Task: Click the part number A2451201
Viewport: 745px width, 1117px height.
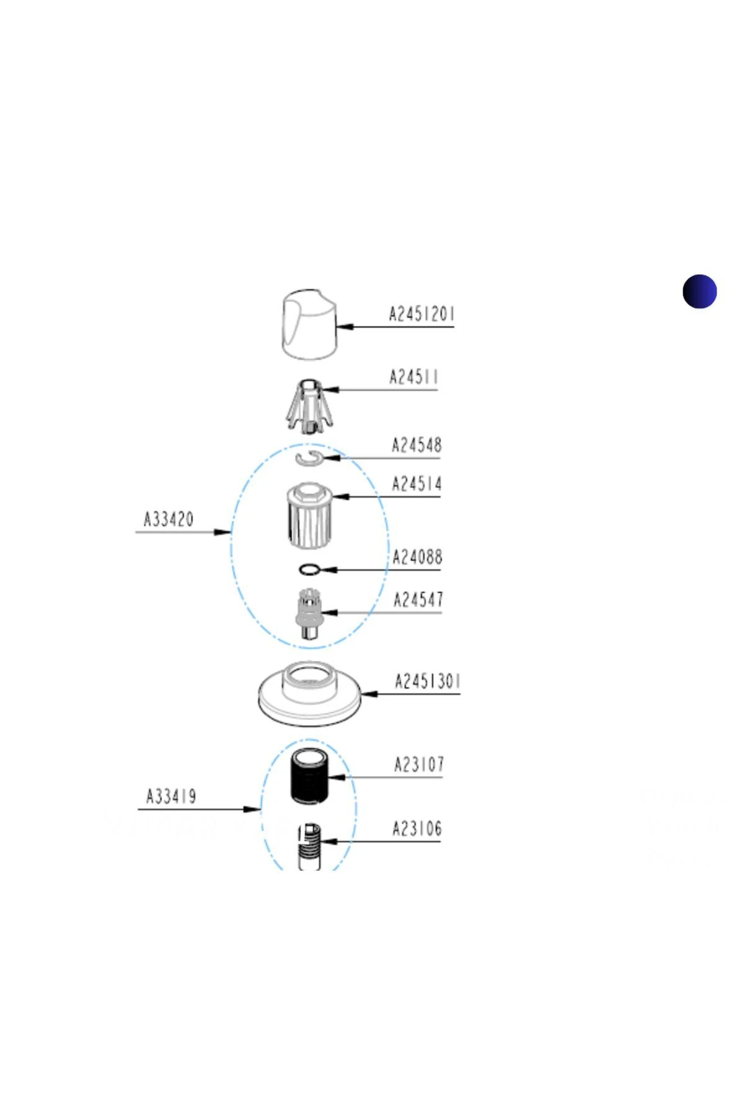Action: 422,313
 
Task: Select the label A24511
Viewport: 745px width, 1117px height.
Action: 413,377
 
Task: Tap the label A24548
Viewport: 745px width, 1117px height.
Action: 417,445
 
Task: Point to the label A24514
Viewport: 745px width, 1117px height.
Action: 417,483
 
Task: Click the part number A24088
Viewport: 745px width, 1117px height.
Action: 417,557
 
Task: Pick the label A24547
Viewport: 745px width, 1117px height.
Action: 418,599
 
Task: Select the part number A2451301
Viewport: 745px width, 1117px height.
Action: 428,681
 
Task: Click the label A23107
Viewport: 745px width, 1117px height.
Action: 420,764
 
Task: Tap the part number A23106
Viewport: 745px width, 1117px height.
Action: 417,828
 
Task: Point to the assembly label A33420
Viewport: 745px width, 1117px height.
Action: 169,519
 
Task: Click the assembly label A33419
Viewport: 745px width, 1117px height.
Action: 171,796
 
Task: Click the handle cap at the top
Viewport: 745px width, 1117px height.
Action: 309,324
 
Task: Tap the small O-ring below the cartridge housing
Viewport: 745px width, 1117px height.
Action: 309,569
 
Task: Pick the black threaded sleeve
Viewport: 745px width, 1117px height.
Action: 309,777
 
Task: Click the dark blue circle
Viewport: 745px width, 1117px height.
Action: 700,291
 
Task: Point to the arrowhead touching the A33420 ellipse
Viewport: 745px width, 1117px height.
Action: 223,532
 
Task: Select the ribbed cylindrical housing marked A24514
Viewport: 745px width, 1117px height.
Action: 309,516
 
